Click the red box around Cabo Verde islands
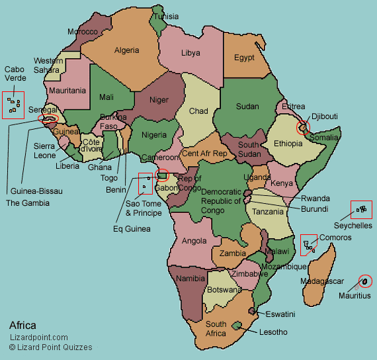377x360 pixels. click(x=13, y=105)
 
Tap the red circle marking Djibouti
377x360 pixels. click(x=303, y=127)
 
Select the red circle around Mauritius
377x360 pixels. click(x=364, y=281)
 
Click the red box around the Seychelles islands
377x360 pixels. click(x=361, y=210)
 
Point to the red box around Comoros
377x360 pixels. click(x=308, y=245)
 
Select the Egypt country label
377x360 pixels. click(x=244, y=58)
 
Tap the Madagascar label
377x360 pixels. click(x=322, y=281)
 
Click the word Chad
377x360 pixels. click(x=198, y=111)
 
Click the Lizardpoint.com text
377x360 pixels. click(x=38, y=337)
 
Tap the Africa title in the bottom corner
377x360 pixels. click(x=23, y=326)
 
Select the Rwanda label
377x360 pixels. click(x=315, y=198)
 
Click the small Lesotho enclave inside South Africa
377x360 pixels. click(x=237, y=325)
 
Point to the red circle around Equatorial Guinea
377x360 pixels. click(x=162, y=176)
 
